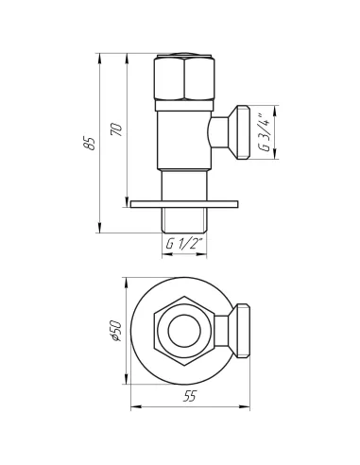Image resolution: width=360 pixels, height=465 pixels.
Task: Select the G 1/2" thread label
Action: pos(184,244)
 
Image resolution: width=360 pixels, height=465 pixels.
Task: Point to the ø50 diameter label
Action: pos(114,330)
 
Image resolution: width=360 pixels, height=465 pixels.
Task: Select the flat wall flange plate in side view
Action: pos(184,201)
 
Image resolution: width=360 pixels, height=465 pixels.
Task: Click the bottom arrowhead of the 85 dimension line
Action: pos(101,230)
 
